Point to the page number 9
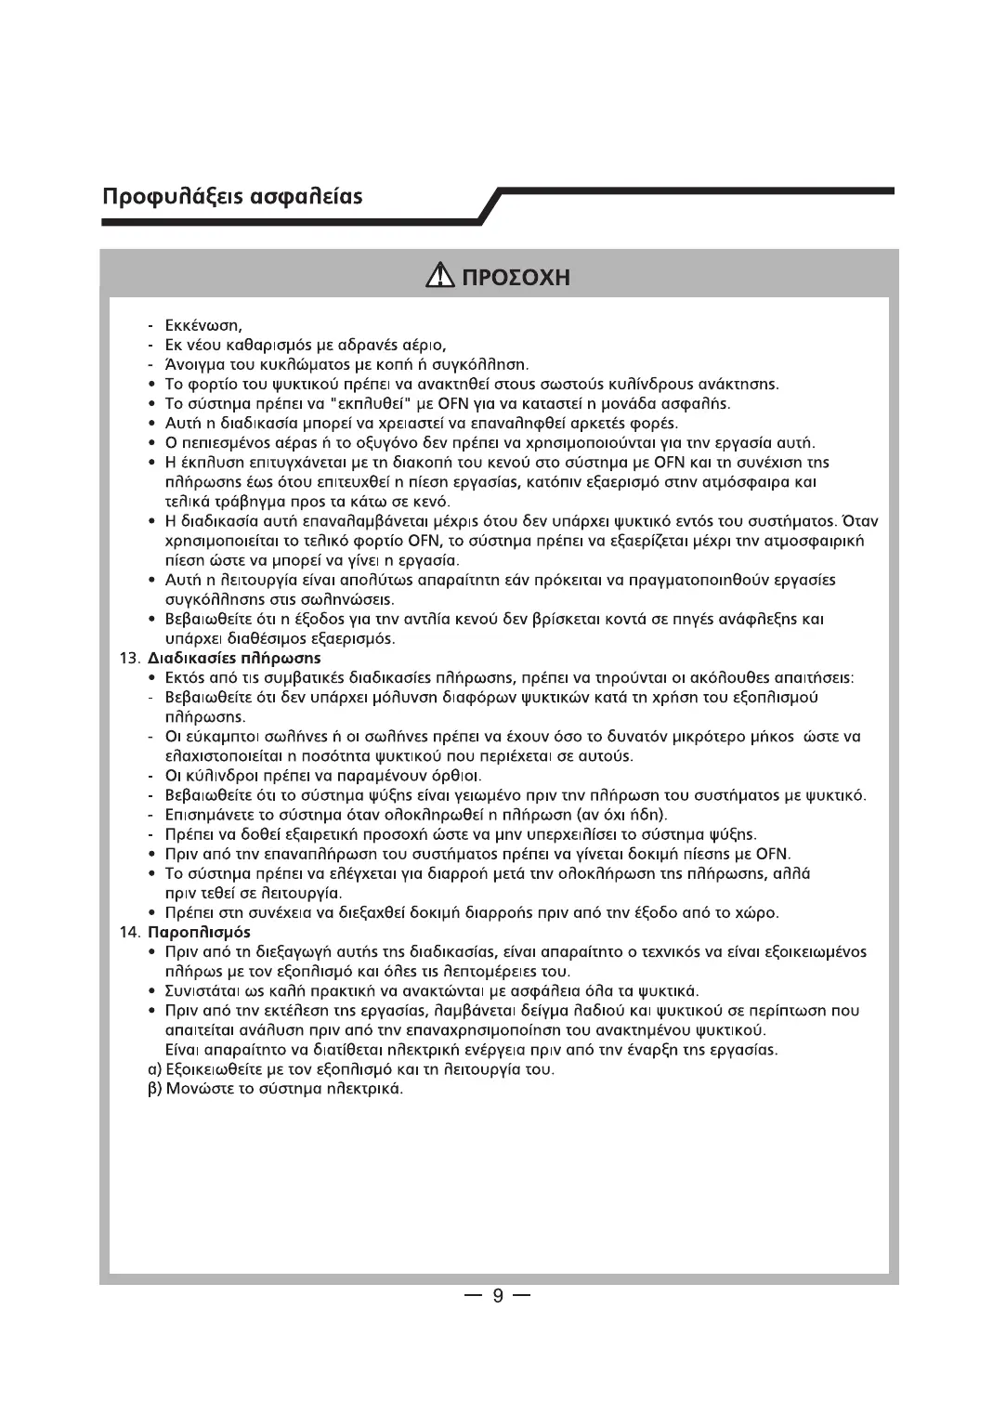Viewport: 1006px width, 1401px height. (x=498, y=1295)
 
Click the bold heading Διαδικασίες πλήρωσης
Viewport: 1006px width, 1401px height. (x=235, y=658)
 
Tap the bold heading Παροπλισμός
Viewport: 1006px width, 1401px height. (x=200, y=931)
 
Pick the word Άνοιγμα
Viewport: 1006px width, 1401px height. (x=194, y=364)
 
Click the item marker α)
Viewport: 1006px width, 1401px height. (x=156, y=1069)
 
